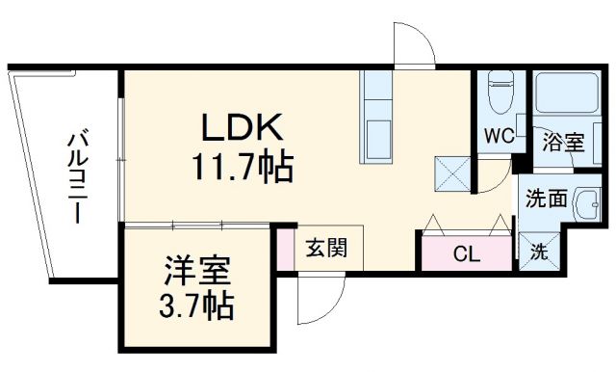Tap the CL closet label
pos(467,255)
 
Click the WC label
pos(498,136)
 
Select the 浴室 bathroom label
pos(563,143)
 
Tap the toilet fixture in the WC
pos(500,94)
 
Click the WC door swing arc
pos(494,173)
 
